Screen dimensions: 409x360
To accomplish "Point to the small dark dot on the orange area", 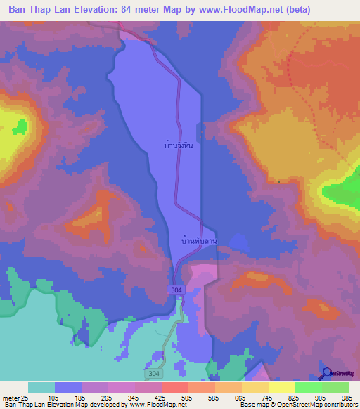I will pos(278,181).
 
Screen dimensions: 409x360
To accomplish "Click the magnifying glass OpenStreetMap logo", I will pos(327,372).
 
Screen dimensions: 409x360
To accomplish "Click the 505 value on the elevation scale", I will pos(188,397).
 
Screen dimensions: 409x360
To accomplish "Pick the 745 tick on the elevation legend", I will pos(269,397).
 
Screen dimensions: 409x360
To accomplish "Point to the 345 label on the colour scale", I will pos(135,397).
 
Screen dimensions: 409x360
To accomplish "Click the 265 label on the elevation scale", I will pos(108,397).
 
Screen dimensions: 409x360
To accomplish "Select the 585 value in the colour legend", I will pos(215,397).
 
